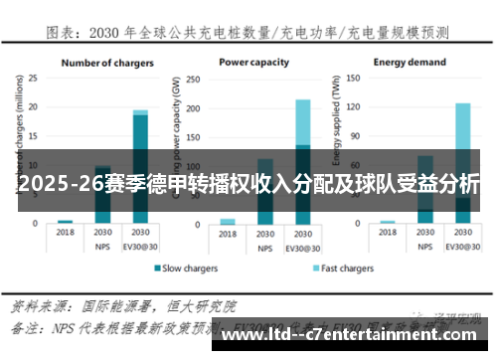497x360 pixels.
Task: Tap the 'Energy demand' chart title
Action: [x=410, y=62]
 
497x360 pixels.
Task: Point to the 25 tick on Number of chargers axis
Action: [x=33, y=78]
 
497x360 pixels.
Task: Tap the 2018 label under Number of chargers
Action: [x=66, y=230]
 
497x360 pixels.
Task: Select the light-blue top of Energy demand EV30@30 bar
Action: [x=463, y=124]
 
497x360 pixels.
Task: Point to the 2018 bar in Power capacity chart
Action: [x=228, y=221]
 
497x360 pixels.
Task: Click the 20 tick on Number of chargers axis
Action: [x=33, y=106]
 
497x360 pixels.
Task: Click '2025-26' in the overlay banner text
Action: [x=52, y=184]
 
